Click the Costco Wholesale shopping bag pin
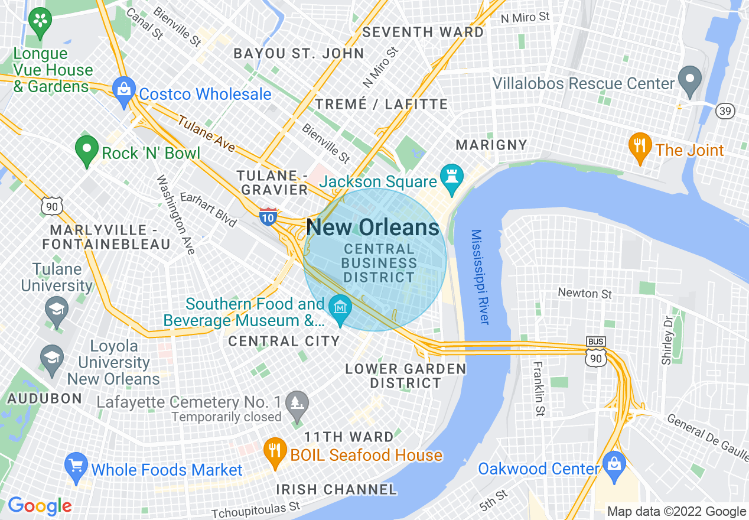123,90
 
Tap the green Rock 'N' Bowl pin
87,150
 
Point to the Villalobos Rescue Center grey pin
689,80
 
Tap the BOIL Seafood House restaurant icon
275,450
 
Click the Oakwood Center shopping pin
614,464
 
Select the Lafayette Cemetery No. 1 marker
296,404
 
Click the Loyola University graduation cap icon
52,359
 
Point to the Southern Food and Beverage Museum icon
340,310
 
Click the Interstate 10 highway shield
268,216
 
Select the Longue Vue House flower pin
40,22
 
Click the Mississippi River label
480,277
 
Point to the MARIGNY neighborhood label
491,145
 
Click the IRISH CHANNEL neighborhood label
337,489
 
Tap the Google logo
40,506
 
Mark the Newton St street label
585,293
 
